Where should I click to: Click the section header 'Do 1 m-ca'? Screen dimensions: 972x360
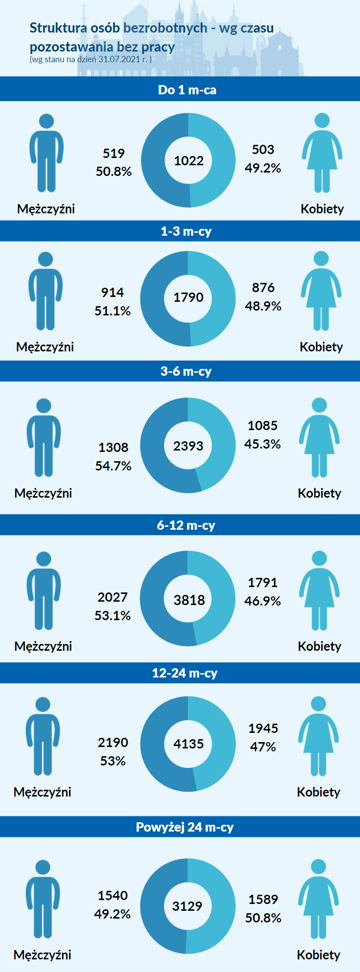point(187,90)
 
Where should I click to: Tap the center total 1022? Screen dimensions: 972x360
point(189,161)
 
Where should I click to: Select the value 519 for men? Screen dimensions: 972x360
point(114,154)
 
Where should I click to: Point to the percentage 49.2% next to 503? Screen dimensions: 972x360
point(263,168)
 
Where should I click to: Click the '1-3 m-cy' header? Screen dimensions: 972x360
point(186,231)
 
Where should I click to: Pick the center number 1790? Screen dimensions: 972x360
point(189,297)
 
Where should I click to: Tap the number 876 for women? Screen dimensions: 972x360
point(263,288)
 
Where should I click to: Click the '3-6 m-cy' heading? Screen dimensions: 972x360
point(186,371)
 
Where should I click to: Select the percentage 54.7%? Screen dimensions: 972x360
point(113,466)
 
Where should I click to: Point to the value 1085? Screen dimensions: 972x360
point(262,426)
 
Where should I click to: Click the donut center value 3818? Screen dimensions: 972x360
point(189,600)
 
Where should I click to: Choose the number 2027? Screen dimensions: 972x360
point(113,597)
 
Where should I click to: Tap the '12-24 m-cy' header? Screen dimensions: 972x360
point(185,673)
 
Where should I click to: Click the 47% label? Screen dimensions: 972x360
point(263,747)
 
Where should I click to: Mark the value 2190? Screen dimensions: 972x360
point(113,743)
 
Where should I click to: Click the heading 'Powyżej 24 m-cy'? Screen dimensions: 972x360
point(185,827)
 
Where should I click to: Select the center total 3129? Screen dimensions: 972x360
point(188,906)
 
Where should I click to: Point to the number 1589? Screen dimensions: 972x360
point(263,900)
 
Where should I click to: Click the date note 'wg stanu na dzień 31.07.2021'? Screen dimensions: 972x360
point(90,59)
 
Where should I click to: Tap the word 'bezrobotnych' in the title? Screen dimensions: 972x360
point(165,28)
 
